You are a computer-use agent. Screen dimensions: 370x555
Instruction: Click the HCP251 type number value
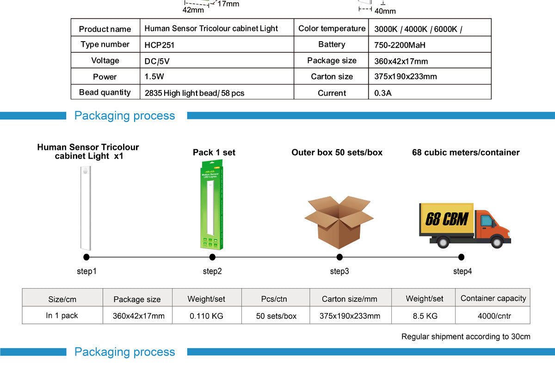tap(159, 45)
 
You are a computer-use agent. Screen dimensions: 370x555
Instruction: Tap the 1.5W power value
tap(154, 77)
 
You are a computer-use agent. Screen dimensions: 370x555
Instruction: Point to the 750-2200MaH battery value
tap(399, 45)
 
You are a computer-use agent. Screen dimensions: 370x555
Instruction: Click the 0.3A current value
tap(383, 93)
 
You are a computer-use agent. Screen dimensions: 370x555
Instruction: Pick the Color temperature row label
tap(332, 29)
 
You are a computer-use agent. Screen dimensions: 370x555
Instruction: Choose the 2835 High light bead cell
tap(194, 93)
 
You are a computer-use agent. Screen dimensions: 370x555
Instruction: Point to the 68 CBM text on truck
tap(446, 219)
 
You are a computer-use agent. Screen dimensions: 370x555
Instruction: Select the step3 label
tap(339, 271)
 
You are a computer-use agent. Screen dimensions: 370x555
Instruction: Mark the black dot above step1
tap(86, 257)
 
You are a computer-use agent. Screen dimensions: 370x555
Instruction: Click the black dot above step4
tap(461, 257)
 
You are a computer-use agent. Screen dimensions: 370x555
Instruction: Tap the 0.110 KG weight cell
tap(206, 316)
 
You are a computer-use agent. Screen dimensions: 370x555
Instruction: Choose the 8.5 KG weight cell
tap(424, 316)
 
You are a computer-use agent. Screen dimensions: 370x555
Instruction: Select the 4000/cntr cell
tap(493, 316)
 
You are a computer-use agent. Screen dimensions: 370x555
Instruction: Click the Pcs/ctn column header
tap(274, 299)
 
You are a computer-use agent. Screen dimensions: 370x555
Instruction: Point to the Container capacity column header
tap(493, 298)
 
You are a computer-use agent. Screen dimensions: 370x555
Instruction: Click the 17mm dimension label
tap(228, 4)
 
